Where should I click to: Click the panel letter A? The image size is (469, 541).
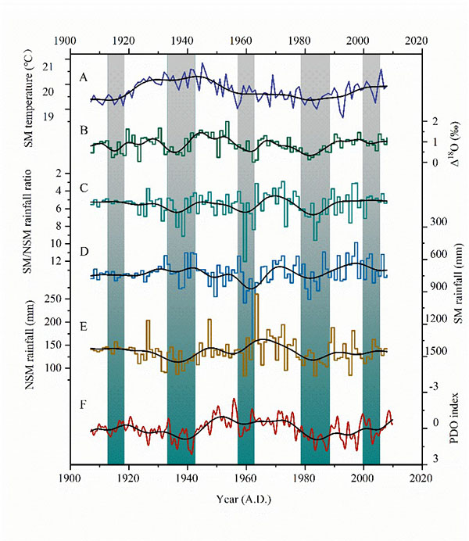tap(83, 77)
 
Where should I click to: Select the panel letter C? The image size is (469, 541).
tap(83, 188)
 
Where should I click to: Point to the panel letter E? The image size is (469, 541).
tap(83, 324)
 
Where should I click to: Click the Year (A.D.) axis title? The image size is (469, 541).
tap(244, 498)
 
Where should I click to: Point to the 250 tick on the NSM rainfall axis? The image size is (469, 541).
tap(52, 298)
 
